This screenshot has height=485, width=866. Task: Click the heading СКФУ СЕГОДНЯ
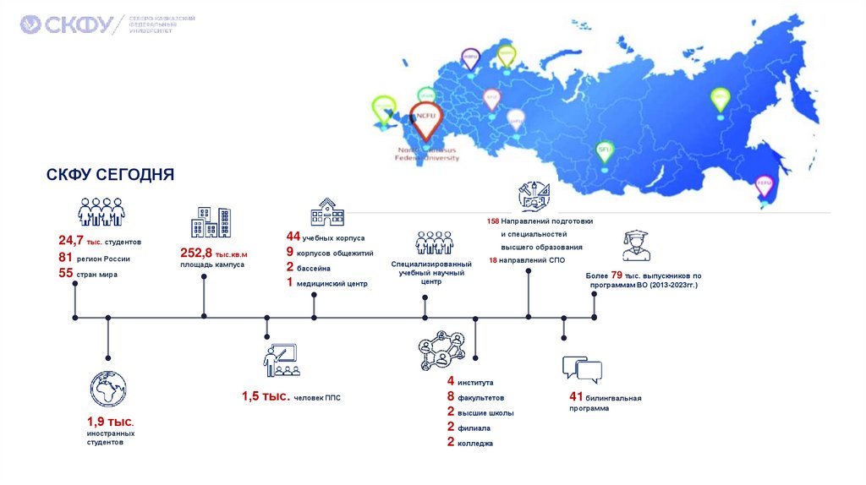[x=110, y=174]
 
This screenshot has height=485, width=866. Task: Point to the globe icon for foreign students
[x=107, y=390]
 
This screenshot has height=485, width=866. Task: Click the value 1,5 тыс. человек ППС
[x=266, y=396]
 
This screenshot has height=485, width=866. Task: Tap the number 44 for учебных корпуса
[x=293, y=237]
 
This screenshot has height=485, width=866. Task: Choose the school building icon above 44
[x=326, y=212]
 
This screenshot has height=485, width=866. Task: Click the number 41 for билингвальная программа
[x=577, y=397]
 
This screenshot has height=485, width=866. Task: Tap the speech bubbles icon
[x=582, y=368]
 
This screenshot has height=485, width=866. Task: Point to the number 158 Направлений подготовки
[x=493, y=221]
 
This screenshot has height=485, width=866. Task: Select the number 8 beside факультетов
[x=451, y=397]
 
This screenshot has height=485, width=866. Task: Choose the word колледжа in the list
[x=475, y=443]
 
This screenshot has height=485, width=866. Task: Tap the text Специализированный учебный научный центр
[x=432, y=273]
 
